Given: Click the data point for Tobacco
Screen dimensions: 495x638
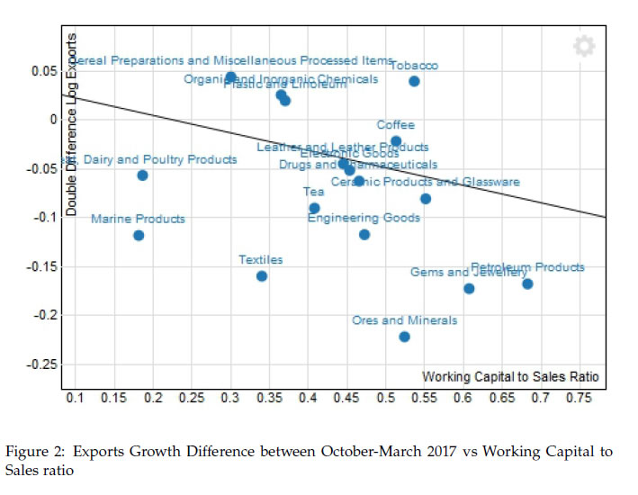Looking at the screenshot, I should [x=414, y=81].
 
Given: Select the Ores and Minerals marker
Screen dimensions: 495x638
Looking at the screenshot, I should [x=404, y=337].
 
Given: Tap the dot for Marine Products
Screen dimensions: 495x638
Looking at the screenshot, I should [x=139, y=236].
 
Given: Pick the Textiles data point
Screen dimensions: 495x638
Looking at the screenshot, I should [x=262, y=275].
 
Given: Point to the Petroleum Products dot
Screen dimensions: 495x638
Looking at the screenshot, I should [x=527, y=283].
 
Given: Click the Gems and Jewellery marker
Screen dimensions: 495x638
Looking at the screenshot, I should [x=469, y=288].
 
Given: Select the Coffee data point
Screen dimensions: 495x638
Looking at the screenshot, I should [x=396, y=140].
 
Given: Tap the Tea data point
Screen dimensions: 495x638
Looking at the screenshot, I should [x=314, y=208].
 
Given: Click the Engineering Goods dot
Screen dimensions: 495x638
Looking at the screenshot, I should [x=364, y=234].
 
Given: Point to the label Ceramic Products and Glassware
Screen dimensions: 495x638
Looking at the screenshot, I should [x=425, y=182].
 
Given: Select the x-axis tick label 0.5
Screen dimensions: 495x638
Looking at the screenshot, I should [x=386, y=398].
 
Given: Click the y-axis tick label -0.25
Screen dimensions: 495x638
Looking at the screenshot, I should [x=42, y=364].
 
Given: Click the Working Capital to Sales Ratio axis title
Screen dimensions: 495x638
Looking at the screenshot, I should [x=510, y=375].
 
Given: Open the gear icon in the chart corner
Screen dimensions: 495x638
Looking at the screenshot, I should [x=584, y=46].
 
